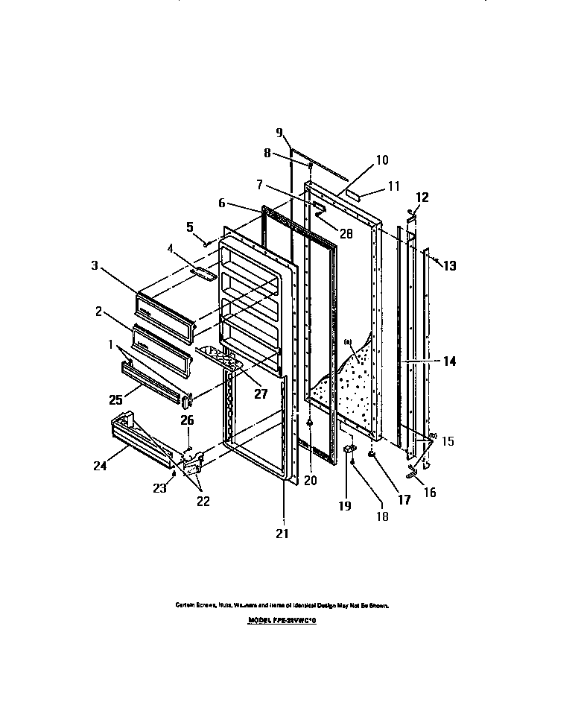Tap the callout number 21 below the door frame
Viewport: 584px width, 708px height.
282,533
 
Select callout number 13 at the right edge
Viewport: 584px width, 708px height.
450,265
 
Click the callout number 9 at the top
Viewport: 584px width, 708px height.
279,133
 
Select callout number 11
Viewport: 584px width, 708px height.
394,186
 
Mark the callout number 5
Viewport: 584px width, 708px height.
189,226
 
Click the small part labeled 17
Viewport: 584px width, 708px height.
370,453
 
